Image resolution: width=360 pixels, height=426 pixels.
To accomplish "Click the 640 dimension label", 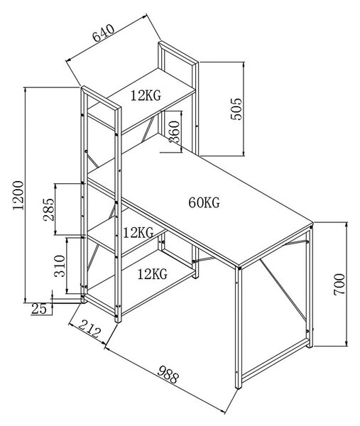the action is click(x=104, y=33).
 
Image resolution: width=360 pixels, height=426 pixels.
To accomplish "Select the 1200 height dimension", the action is click(x=18, y=195).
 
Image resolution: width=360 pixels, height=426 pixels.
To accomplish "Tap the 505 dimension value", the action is click(x=236, y=109).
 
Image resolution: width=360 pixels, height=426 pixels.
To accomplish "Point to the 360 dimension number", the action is click(x=174, y=132).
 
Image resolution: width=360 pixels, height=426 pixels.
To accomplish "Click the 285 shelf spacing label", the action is click(x=49, y=209).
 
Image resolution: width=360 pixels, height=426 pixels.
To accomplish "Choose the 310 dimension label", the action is click(x=60, y=266).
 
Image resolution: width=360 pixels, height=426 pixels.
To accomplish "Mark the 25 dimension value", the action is click(x=39, y=308).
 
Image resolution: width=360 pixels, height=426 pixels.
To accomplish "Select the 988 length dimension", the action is click(x=168, y=374).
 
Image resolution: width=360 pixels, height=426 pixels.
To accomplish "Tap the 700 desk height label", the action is click(x=339, y=285).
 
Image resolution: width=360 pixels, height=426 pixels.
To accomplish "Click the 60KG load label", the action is click(x=204, y=202).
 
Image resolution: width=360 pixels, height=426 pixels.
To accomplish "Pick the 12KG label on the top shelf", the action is click(x=146, y=95).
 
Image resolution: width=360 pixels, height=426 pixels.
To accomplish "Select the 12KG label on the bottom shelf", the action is click(x=153, y=274).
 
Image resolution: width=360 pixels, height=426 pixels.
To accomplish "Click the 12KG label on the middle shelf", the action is click(x=138, y=233).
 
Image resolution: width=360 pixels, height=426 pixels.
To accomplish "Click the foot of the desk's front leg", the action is click(x=239, y=386).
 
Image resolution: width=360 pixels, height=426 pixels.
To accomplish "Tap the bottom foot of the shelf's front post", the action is click(x=118, y=320).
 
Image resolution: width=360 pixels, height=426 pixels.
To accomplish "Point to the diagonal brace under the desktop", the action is click(x=283, y=290).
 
